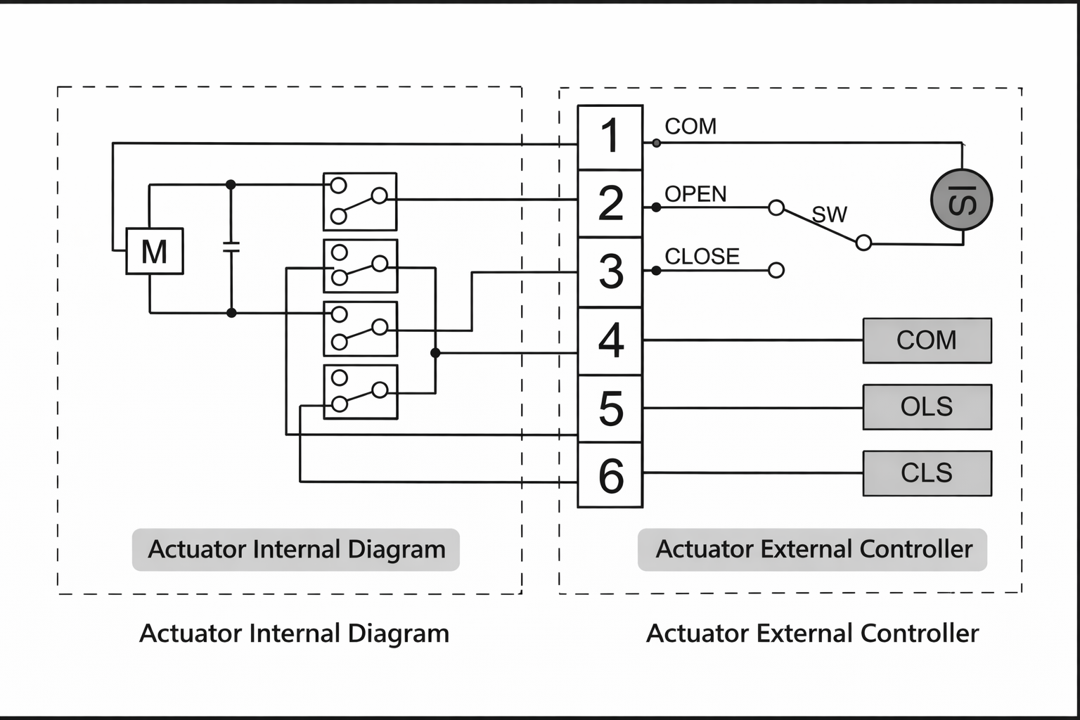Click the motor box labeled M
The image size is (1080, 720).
pos(155,251)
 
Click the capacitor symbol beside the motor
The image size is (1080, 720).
pos(231,247)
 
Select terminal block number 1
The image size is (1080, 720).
pos(610,137)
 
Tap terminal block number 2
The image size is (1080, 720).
pos(610,204)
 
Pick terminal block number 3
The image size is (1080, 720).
pos(610,272)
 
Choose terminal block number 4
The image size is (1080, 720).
pos(610,340)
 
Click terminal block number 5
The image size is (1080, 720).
pos(610,409)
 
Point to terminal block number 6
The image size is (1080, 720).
pos(610,475)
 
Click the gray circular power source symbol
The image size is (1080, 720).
pos(961,200)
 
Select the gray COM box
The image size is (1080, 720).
pos(927,340)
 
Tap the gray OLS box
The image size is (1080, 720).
pos(927,407)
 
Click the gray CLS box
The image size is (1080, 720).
pos(927,473)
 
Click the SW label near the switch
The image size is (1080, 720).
pos(830,214)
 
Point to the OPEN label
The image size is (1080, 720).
pos(695,194)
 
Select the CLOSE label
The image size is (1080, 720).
pos(702,257)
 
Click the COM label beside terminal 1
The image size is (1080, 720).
pos(690,127)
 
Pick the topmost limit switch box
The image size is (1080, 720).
pos(359,202)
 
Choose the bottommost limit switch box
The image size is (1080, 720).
pos(360,392)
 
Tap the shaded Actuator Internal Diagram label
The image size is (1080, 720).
pos(296,549)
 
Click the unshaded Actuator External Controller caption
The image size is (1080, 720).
pos(812,634)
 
